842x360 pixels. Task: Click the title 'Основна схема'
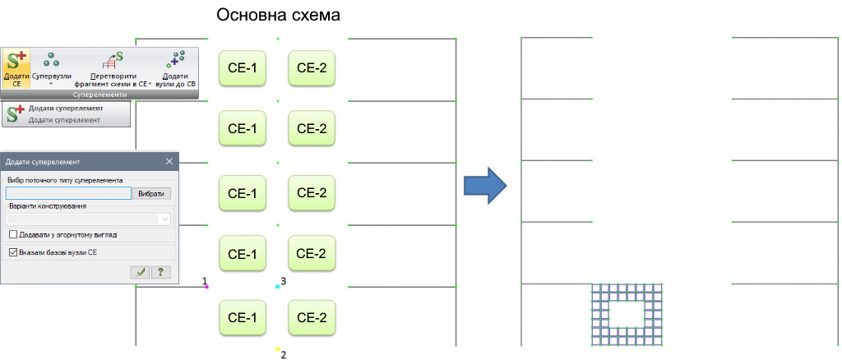pyautogui.click(x=278, y=16)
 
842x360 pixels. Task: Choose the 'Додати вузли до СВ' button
pyautogui.click(x=175, y=67)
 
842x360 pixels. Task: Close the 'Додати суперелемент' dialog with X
pyautogui.click(x=169, y=161)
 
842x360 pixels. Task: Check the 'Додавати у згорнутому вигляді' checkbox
pyautogui.click(x=13, y=234)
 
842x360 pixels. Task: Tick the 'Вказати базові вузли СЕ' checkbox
pyautogui.click(x=13, y=252)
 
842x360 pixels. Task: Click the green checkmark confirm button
pyautogui.click(x=141, y=272)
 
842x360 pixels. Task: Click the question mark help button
pyautogui.click(x=160, y=272)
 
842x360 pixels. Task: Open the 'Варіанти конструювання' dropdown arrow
pyautogui.click(x=165, y=219)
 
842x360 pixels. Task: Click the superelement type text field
pyautogui.click(x=67, y=193)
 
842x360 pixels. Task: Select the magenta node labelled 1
pyautogui.click(x=206, y=287)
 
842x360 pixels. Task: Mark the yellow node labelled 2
pyautogui.click(x=278, y=349)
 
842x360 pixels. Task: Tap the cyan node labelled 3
pyautogui.click(x=278, y=287)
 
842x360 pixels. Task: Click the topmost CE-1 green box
pyautogui.click(x=243, y=67)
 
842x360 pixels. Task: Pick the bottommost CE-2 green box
pyautogui.click(x=312, y=317)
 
